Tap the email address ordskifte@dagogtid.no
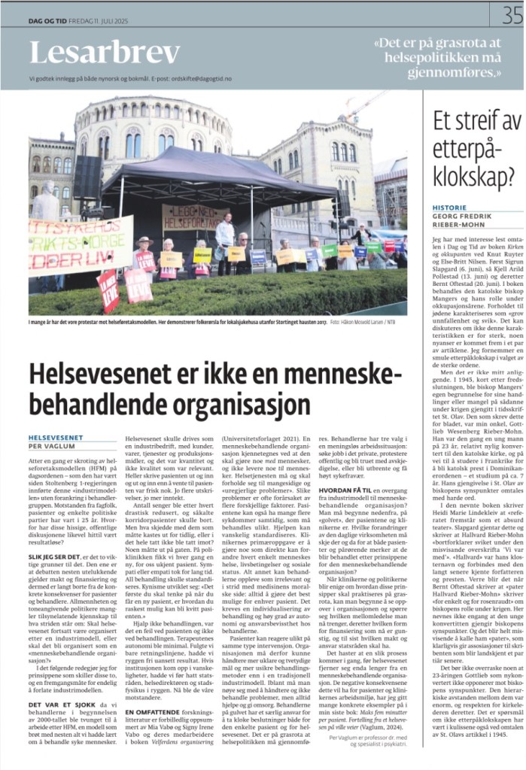(x=205, y=78)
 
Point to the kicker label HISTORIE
(x=450, y=207)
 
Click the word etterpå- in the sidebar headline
(x=466, y=150)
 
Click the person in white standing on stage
(x=224, y=236)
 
